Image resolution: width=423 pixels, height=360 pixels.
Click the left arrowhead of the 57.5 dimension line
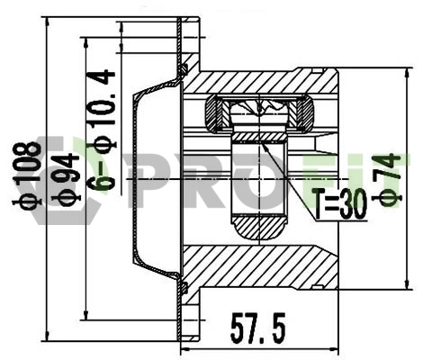coord(184,347)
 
